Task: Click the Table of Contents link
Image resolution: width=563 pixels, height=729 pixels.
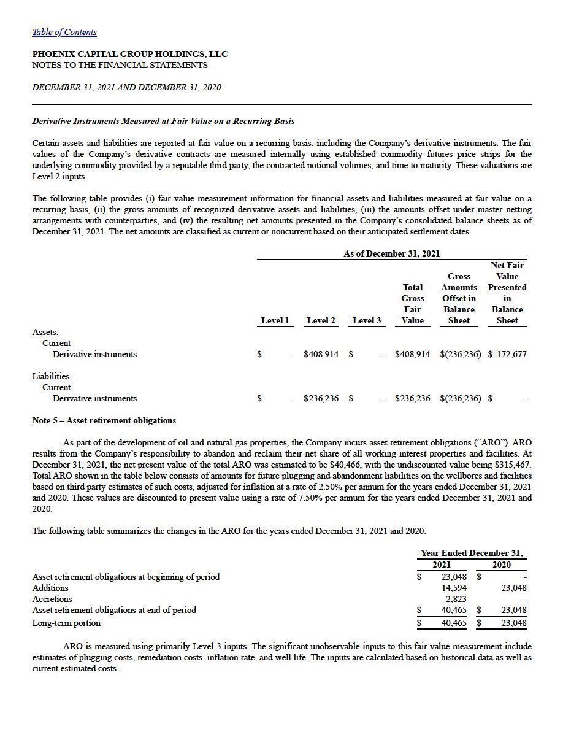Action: [64, 32]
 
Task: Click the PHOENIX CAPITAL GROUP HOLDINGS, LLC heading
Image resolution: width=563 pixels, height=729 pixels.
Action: [129, 54]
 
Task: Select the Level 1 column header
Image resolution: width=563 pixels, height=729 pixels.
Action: [275, 320]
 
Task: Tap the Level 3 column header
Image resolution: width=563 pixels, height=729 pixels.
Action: [367, 320]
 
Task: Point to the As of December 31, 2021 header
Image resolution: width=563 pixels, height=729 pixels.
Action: [391, 253]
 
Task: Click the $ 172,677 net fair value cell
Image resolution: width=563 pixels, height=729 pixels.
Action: [507, 354]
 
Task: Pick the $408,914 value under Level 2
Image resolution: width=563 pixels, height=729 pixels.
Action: [321, 354]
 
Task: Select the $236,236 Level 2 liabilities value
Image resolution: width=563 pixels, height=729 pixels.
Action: [321, 398]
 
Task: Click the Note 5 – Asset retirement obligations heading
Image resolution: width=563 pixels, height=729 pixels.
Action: [104, 420]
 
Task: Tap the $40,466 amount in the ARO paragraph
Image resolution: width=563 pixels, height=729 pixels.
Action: [343, 465]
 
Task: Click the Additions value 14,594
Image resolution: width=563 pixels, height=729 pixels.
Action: [454, 588]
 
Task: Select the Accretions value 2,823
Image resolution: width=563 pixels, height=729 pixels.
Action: [456, 599]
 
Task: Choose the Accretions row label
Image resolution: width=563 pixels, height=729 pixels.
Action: [52, 599]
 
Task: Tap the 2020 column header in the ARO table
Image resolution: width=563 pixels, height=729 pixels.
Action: [501, 565]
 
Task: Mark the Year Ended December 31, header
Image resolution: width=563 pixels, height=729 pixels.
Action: [471, 553]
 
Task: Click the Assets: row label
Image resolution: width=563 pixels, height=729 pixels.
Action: [45, 332]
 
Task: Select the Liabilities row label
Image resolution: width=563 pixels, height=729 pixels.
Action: [51, 376]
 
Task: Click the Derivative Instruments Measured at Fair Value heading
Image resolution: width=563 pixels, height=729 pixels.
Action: [163, 121]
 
